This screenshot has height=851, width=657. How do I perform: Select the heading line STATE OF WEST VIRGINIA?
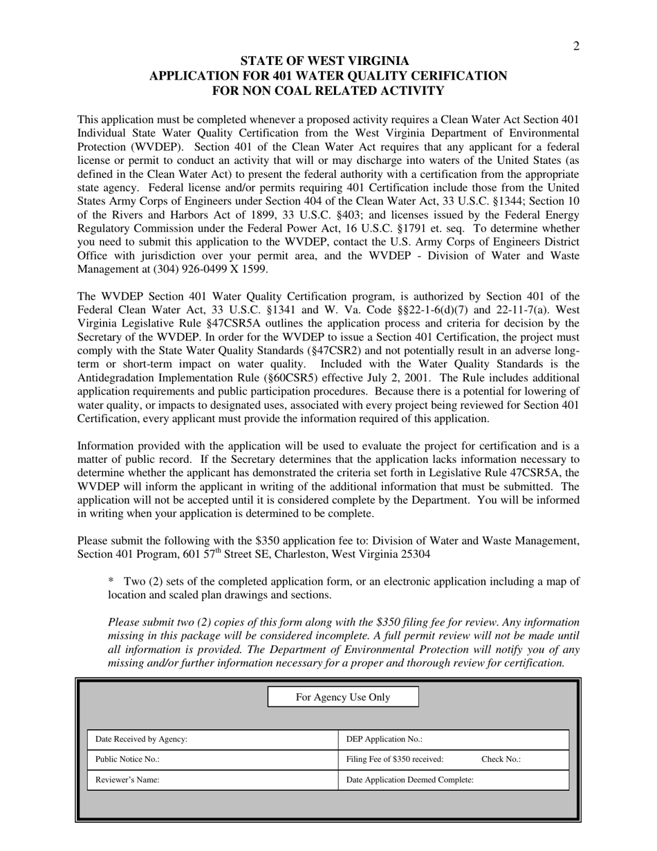tap(324, 61)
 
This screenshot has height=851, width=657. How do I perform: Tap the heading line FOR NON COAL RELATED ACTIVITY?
tap(328, 91)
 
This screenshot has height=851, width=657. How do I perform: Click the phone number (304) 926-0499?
tap(175, 269)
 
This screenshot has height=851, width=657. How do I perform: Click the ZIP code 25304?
tap(411, 553)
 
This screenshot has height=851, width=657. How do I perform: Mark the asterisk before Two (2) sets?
tap(111, 581)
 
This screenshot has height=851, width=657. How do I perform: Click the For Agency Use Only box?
tap(343, 697)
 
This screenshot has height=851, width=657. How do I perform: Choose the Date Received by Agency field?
tap(212, 740)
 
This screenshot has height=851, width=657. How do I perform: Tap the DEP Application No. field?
tap(453, 740)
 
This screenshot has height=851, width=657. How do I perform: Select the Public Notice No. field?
tap(212, 760)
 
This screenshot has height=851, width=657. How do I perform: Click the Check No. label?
tap(501, 760)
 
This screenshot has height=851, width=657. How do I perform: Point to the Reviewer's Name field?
tap(212, 780)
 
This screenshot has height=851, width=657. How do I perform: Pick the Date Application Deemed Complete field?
tap(453, 780)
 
